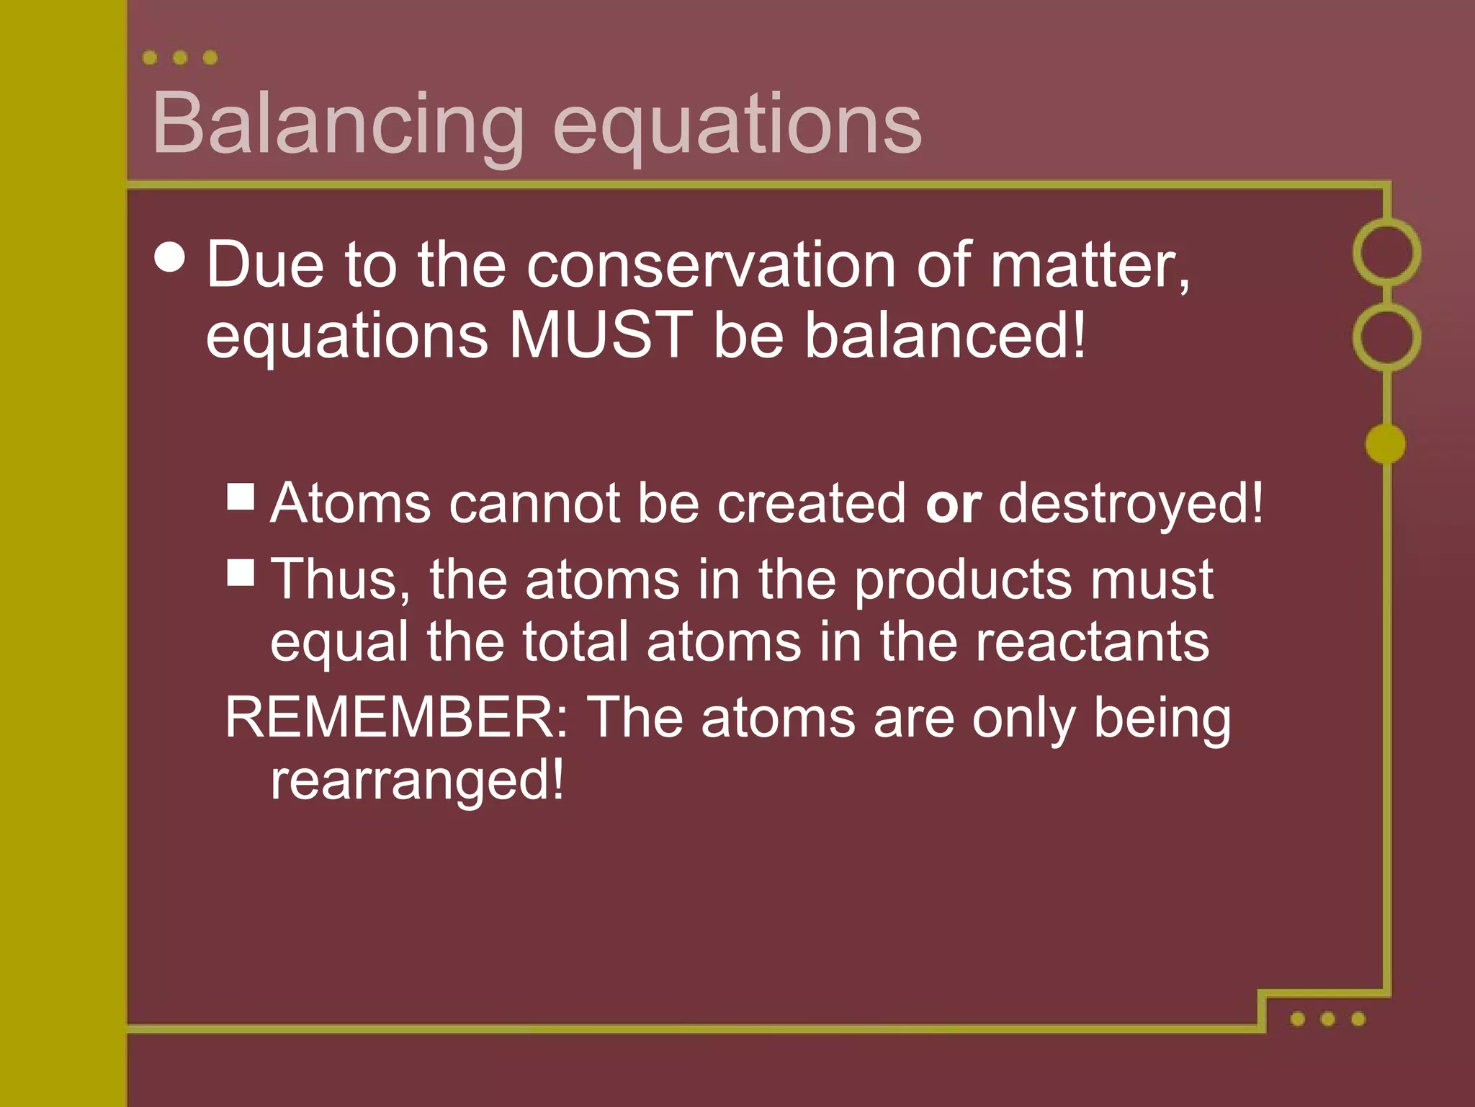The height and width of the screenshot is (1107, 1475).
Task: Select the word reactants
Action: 1093,641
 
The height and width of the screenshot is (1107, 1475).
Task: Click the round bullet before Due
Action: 170,256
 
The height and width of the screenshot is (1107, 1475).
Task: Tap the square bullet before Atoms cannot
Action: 241,497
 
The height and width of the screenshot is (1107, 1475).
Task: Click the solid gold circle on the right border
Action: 1386,443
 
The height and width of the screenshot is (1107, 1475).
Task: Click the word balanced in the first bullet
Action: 944,334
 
